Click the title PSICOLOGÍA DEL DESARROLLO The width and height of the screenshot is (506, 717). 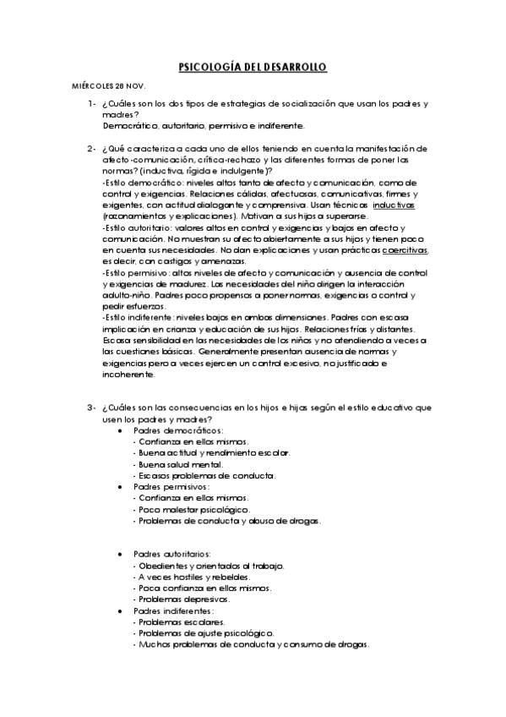pos(253,67)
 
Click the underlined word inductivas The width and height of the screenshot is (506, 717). pos(394,205)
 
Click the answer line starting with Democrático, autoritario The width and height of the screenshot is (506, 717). pos(203,125)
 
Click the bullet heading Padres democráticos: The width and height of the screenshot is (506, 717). pos(166,430)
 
